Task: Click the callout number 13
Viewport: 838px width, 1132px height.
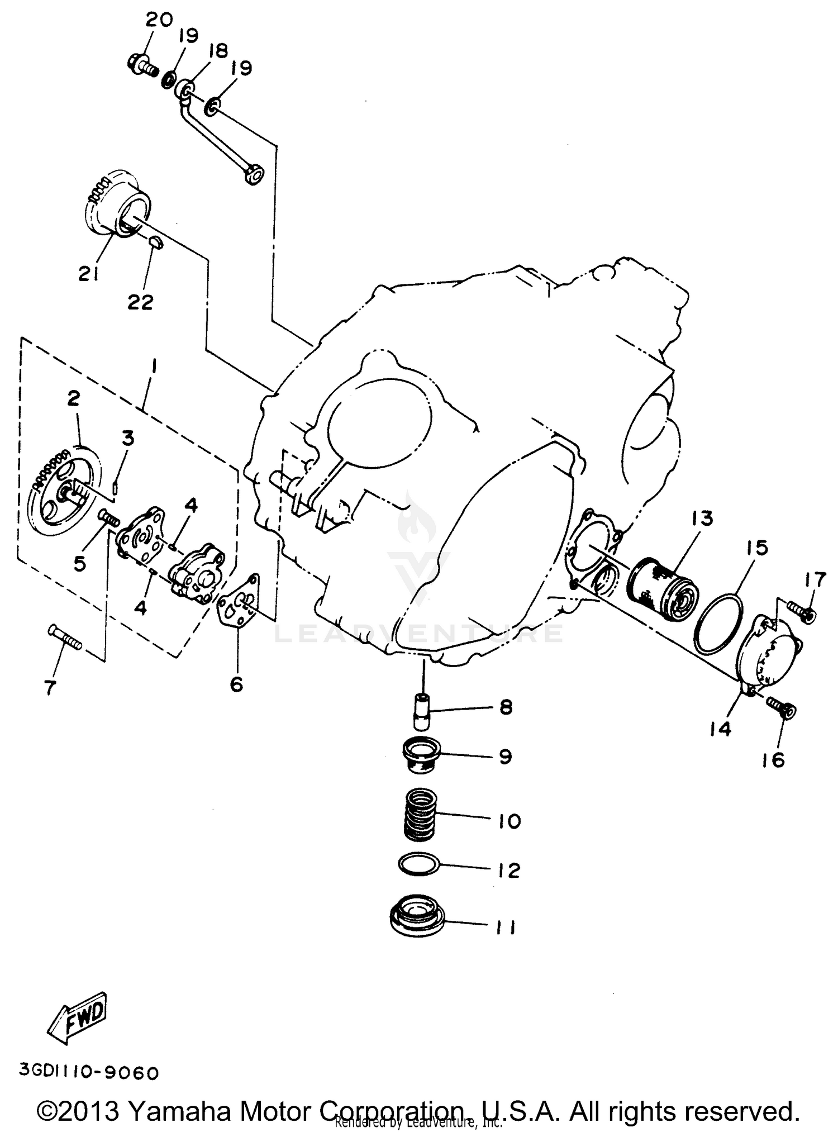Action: click(x=701, y=519)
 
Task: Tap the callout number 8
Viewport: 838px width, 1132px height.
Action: click(x=506, y=707)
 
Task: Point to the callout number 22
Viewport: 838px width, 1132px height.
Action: click(x=140, y=302)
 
